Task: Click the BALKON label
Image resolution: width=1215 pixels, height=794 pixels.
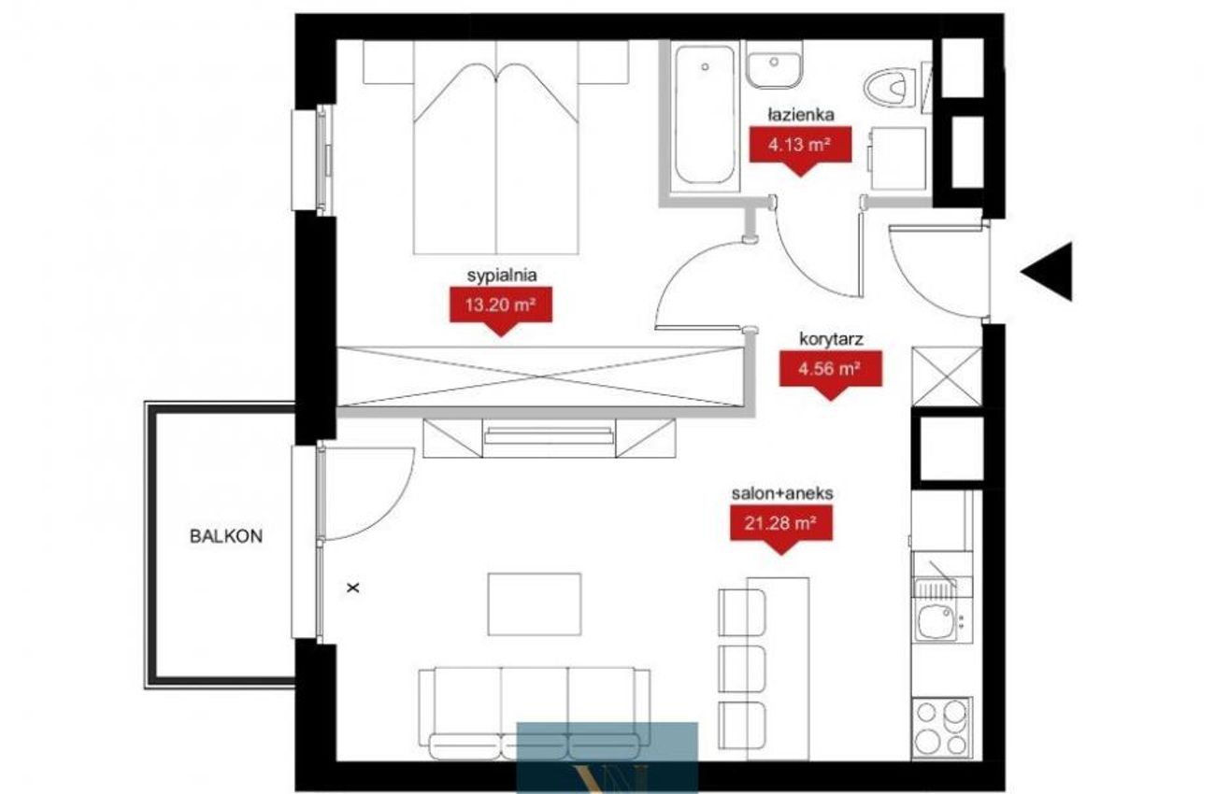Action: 225,536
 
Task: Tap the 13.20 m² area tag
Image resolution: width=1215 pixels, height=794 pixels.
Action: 501,310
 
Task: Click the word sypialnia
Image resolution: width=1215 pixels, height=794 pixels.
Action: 502,276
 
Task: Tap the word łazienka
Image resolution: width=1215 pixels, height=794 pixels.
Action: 801,115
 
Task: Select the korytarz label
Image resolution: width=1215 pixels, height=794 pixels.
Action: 831,339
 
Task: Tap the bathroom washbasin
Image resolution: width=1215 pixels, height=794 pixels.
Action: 774,64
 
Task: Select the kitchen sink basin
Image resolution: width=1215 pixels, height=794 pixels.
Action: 936,623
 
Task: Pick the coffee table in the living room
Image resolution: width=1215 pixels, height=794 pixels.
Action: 535,604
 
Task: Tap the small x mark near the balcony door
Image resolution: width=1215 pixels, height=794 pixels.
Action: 353,587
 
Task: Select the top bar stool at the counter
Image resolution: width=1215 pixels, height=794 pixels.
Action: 741,613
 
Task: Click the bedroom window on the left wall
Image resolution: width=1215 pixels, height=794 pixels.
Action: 312,160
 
